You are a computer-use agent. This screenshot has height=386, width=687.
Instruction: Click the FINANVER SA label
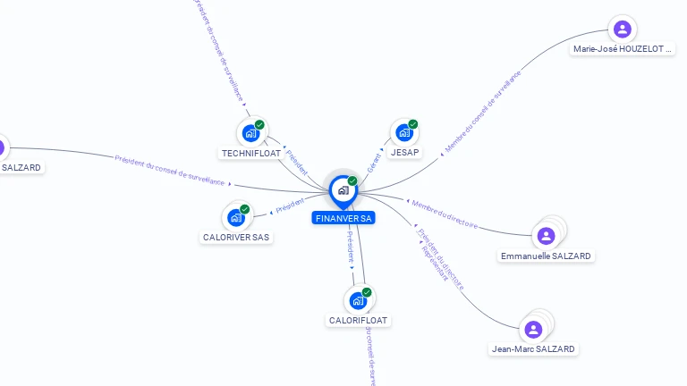tap(344, 218)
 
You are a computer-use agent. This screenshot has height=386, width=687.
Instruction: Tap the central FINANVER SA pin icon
tap(343, 190)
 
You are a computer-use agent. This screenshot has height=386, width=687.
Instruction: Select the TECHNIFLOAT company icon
tap(250, 133)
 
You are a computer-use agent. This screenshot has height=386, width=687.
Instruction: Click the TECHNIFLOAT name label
tap(251, 153)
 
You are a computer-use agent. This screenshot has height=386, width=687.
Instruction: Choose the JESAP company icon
tap(404, 133)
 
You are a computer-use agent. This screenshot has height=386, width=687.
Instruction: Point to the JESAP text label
tap(405, 153)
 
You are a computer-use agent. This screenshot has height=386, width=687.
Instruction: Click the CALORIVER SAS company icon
tap(236, 217)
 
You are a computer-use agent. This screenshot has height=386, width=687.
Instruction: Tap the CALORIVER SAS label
tap(236, 238)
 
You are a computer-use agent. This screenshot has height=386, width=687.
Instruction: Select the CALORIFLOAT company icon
tap(358, 300)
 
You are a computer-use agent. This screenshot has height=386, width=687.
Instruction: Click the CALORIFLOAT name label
tap(359, 320)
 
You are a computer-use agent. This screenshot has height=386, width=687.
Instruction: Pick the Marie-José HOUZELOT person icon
tap(623, 29)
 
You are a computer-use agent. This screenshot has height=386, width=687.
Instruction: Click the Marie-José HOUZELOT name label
tap(623, 50)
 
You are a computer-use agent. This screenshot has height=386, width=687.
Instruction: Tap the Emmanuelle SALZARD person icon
tap(547, 236)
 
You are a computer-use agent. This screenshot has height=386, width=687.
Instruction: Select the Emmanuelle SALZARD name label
tap(546, 256)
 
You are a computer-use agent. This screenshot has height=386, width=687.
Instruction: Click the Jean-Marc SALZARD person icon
tap(534, 329)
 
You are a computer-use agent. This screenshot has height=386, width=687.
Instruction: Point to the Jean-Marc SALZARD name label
tap(534, 348)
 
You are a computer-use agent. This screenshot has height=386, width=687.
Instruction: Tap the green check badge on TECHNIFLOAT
tap(259, 125)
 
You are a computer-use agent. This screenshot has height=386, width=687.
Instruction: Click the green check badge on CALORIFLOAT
tap(367, 292)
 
